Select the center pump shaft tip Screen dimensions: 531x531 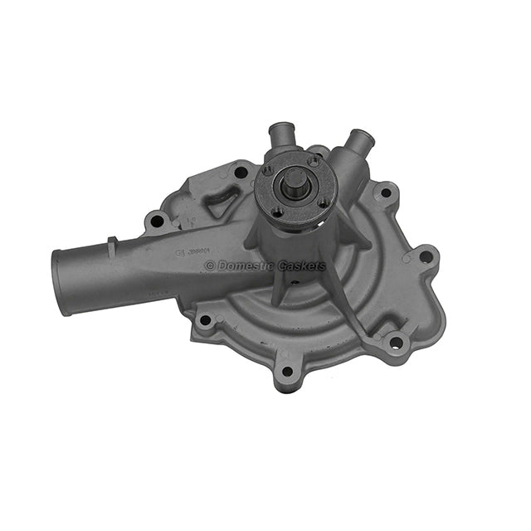tap(294, 180)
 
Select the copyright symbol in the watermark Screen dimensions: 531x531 tap(209, 266)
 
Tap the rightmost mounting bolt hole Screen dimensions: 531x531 tap(425, 257)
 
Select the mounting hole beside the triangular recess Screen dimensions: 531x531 tap(241, 173)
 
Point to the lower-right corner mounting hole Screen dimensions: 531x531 tap(395, 342)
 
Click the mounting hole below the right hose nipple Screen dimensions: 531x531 tap(385, 193)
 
